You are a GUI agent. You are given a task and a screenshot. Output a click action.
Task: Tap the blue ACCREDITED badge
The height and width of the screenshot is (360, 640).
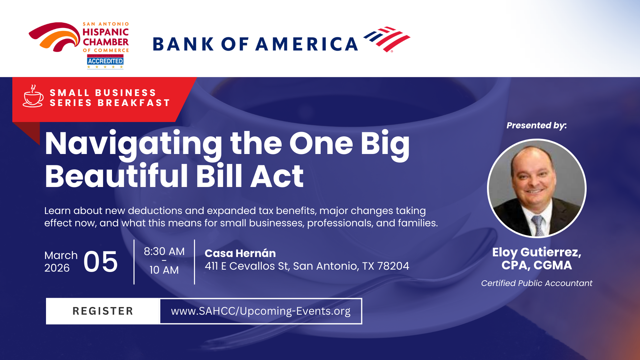click(105, 61)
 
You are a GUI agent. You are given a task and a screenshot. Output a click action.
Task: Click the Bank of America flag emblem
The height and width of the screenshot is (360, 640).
click(387, 39)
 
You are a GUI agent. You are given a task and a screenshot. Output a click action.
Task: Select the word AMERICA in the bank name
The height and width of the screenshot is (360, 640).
click(307, 44)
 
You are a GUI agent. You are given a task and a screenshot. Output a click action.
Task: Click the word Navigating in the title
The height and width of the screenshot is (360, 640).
click(133, 144)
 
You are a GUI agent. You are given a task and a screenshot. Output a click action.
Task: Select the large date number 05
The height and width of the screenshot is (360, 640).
click(100, 262)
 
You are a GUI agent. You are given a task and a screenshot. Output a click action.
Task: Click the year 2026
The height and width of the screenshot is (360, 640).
click(57, 268)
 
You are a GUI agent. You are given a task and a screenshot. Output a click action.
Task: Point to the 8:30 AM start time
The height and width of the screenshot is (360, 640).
click(164, 251)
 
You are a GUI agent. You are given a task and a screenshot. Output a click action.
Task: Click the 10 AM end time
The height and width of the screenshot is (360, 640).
click(164, 270)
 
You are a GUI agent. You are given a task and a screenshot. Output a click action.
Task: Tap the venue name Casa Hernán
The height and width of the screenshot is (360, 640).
click(240, 253)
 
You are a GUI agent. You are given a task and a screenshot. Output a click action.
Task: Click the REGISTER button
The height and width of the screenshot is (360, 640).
click(103, 311)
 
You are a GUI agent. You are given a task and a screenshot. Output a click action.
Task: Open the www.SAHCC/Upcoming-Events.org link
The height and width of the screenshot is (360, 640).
click(261, 311)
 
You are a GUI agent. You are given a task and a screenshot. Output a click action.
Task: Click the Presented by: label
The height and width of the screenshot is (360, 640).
click(537, 126)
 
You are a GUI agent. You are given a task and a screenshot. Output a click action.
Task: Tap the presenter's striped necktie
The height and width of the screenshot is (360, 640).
click(538, 225)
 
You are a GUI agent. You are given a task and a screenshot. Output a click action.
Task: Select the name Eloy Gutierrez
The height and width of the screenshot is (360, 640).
click(537, 252)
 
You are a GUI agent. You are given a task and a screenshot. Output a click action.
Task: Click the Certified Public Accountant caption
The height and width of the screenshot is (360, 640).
click(537, 283)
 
